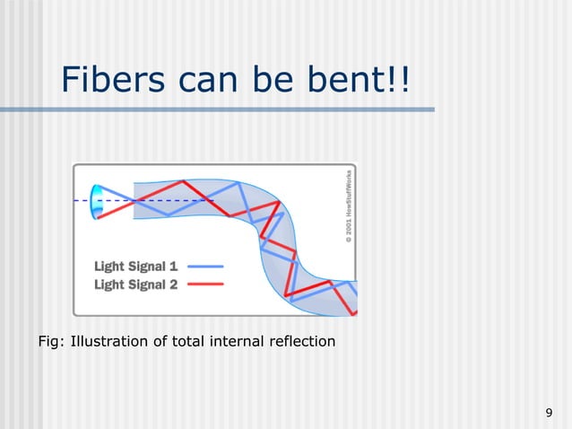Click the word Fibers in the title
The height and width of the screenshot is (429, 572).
pyautogui.click(x=110, y=82)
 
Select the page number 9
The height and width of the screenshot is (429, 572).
pyautogui.click(x=548, y=413)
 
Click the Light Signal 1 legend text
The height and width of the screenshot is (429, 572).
pyautogui.click(x=135, y=267)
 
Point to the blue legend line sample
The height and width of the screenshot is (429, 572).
pyautogui.click(x=205, y=267)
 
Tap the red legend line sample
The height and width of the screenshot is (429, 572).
pyautogui.click(x=205, y=284)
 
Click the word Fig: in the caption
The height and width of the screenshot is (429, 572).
pyautogui.click(x=52, y=340)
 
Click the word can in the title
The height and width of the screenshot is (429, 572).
pyautogui.click(x=205, y=82)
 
